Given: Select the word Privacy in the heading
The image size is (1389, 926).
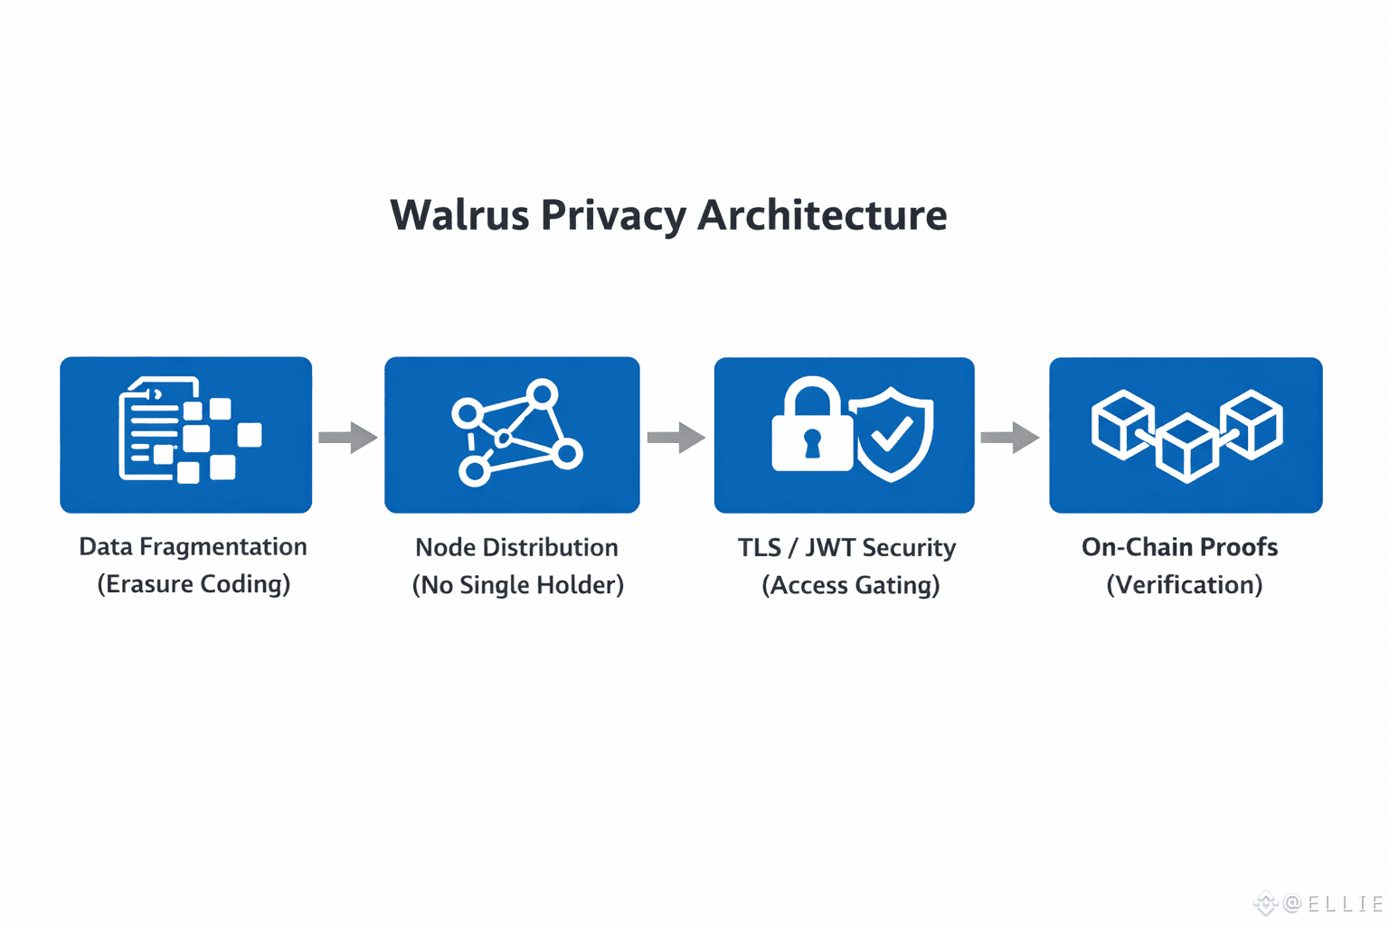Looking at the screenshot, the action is tap(613, 217).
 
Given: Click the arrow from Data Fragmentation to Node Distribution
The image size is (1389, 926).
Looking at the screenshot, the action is tap(348, 438).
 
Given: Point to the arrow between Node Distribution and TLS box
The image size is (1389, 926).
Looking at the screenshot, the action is tap(676, 438).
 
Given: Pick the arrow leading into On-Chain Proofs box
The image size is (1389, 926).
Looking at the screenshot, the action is tap(1009, 438).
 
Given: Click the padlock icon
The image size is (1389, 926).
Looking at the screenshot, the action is tap(812, 423).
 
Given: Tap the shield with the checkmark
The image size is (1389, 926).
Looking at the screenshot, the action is tap(891, 434).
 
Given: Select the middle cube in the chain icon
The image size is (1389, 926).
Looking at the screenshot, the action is tap(1186, 449).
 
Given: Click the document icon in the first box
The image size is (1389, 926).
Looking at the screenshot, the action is tap(152, 428).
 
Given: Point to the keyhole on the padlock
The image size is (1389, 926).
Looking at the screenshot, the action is tap(812, 443).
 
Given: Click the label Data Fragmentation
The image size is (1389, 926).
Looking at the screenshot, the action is tap(193, 547).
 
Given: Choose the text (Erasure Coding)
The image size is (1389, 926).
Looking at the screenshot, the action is tap(194, 584).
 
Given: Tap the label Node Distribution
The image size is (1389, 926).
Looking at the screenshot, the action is tap(516, 548).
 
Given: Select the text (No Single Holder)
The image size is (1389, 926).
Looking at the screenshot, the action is tap(518, 585).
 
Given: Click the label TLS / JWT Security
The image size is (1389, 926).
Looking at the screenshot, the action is tap(846, 548).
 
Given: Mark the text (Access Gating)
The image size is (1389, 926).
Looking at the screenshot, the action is tap(851, 585).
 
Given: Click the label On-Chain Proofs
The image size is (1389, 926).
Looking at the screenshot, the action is tap(1180, 547).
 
